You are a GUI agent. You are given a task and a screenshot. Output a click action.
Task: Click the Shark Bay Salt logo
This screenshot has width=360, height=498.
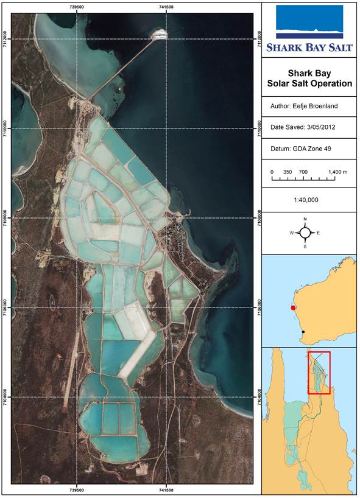[310, 28]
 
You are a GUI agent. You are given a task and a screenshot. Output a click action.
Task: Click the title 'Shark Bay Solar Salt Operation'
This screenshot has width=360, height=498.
[310, 78]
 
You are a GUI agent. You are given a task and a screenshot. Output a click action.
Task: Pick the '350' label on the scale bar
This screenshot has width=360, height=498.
[288, 172]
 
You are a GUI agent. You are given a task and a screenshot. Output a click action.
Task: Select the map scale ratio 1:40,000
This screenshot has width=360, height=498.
[310, 200]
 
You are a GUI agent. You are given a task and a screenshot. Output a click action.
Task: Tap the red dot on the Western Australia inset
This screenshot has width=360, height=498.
[294, 308]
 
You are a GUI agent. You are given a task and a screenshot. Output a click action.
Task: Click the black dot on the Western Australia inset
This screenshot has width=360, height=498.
[303, 332]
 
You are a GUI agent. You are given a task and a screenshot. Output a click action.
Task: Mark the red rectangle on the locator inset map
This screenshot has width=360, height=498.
[319, 372]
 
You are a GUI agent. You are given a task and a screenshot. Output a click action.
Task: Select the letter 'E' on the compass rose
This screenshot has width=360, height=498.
[318, 233]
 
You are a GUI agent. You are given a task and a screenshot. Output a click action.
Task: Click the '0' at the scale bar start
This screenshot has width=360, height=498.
[272, 172]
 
